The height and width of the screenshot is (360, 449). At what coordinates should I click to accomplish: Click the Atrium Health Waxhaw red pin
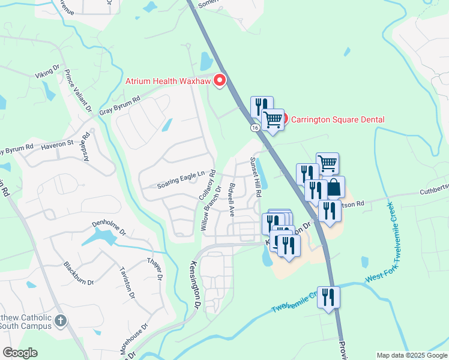(220, 80)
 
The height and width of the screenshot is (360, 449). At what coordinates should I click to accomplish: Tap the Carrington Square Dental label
(337, 119)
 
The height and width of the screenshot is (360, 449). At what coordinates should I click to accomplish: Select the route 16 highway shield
(256, 128)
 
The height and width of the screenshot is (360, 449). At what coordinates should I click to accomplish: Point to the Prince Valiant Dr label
(79, 90)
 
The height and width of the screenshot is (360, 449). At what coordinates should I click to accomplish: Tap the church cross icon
(60, 321)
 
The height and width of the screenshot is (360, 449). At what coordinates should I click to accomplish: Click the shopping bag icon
(334, 188)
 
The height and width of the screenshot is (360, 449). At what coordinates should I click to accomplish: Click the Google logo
(20, 353)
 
